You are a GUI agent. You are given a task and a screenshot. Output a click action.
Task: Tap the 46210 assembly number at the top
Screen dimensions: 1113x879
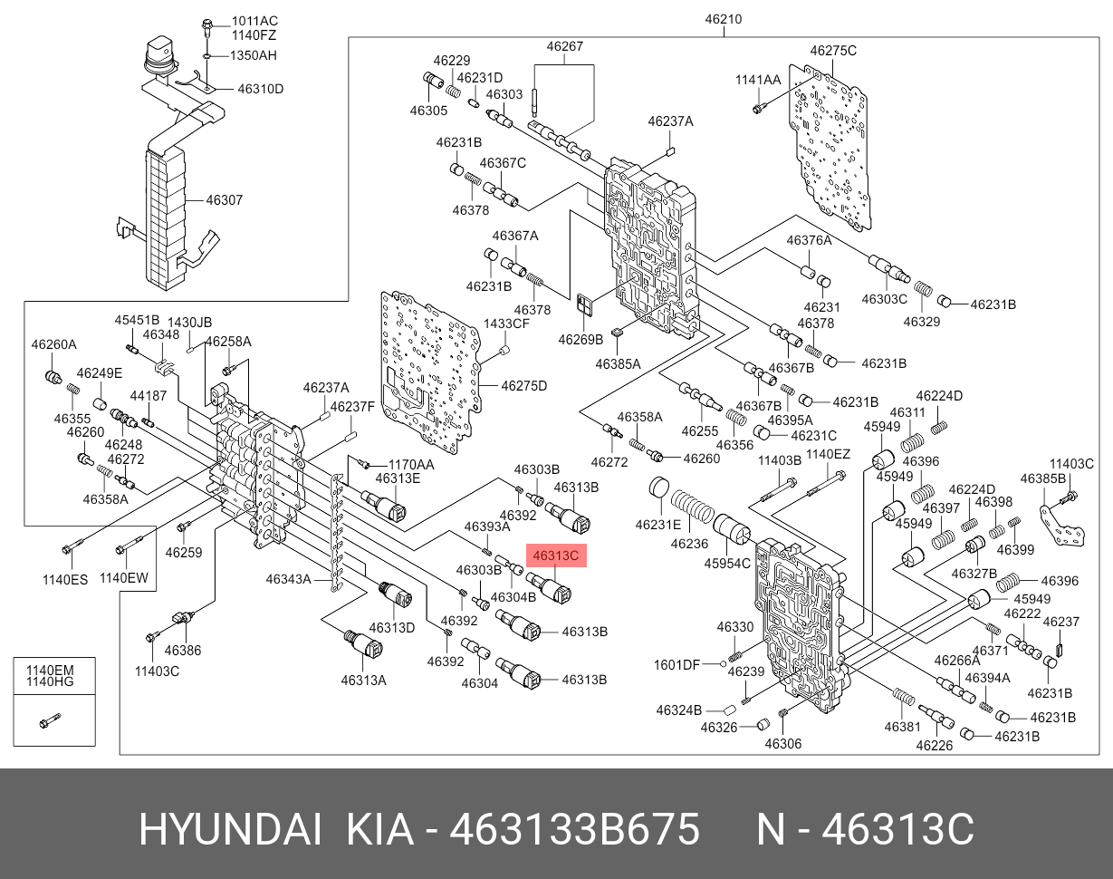pos(724,19)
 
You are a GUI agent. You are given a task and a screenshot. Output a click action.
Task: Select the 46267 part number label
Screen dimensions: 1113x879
pos(564,46)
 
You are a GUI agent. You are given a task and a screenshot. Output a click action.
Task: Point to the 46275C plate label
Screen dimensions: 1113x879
pos(832,51)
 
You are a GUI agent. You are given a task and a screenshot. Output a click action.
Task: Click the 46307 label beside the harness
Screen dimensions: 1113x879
pos(224,199)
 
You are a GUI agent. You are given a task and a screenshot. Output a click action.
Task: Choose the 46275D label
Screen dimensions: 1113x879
pos(525,386)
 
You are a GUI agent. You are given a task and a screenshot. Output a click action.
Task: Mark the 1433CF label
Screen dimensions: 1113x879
pos(506,324)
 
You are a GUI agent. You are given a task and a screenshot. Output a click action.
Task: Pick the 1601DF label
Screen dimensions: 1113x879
pos(676,664)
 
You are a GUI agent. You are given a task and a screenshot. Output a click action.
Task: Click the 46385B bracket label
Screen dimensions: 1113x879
pos(1043,478)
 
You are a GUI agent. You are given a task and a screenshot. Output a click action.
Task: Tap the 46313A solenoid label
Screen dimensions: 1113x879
pos(363,680)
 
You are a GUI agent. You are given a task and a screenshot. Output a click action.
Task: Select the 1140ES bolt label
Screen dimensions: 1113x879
pos(67,579)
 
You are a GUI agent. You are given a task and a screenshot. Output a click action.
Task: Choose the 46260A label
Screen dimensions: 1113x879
pos(54,344)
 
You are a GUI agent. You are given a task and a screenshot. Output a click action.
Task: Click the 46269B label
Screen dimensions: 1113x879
pos(580,340)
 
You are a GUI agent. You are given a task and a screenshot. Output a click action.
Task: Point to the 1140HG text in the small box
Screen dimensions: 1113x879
pos(49,681)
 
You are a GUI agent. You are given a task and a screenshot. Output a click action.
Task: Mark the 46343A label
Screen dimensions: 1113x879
pos(288,579)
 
